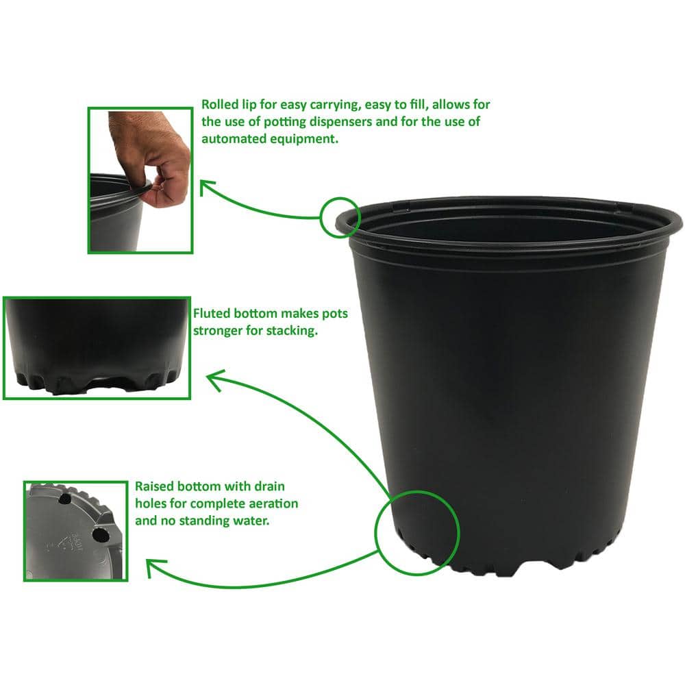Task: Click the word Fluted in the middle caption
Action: point(211,314)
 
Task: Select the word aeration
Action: point(274,503)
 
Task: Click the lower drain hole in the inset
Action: point(101,534)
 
